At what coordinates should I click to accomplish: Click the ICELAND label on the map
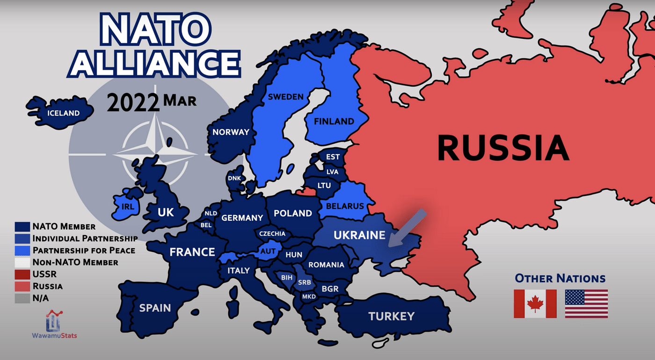(63, 113)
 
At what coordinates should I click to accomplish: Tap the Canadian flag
(535, 304)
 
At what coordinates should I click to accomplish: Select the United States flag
(586, 304)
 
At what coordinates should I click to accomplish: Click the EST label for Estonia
(333, 157)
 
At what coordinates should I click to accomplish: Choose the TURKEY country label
(391, 316)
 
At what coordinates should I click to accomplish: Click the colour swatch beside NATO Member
(22, 227)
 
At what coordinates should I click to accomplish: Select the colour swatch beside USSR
(22, 274)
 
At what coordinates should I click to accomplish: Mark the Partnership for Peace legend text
(84, 250)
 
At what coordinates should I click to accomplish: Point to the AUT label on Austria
(268, 251)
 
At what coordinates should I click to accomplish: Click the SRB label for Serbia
(304, 282)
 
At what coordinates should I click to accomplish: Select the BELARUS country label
(345, 206)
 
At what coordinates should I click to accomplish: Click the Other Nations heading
(560, 279)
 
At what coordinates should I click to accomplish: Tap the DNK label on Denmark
(234, 178)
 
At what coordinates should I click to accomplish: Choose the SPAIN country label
(155, 308)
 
